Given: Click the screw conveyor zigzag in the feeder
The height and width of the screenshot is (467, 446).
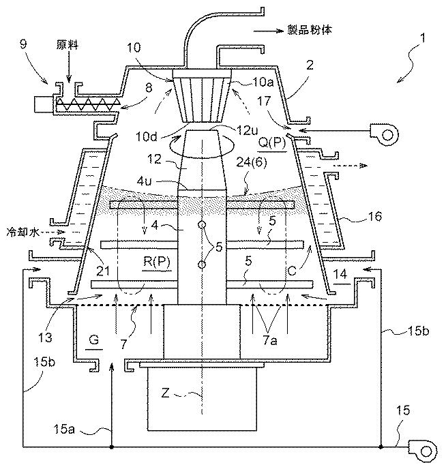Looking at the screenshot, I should [x=87, y=104].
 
